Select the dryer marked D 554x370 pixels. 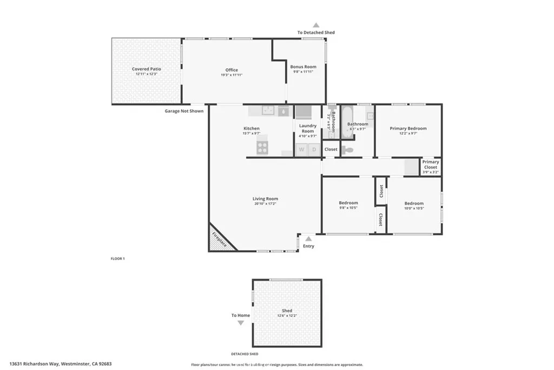click(x=314, y=150)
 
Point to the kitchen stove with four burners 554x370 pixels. click(x=262, y=146)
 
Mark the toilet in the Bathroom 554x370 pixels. click(x=348, y=150)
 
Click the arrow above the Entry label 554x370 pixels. click(x=308, y=238)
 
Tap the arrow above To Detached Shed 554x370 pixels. click(x=316, y=25)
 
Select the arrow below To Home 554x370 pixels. click(x=241, y=323)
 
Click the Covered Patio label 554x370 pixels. click(x=147, y=69)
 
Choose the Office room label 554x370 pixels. click(x=232, y=70)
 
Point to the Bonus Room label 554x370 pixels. click(x=303, y=67)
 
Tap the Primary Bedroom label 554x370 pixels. click(x=408, y=128)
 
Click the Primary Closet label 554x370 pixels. click(x=431, y=165)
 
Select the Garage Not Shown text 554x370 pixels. click(x=184, y=111)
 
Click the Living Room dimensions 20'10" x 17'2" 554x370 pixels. click(x=265, y=204)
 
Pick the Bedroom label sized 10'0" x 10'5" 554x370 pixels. click(x=414, y=204)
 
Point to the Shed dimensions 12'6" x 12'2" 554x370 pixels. click(x=287, y=315)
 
